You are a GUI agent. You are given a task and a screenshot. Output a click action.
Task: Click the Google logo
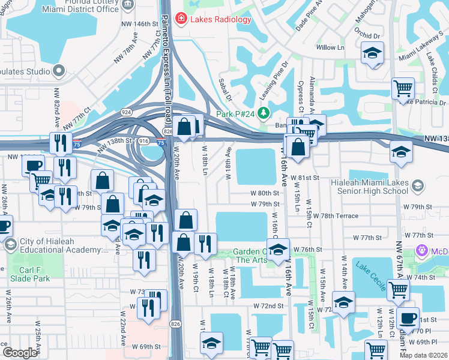click(20, 353)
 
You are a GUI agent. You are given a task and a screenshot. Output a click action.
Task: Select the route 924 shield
click(126, 112)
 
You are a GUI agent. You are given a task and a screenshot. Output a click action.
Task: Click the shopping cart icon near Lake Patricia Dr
click(403, 89)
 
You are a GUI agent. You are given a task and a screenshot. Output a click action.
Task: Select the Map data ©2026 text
click(423, 355)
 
